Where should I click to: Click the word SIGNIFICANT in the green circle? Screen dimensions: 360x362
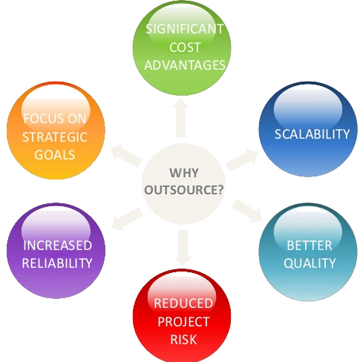(185, 29)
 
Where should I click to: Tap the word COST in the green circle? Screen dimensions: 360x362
(185, 47)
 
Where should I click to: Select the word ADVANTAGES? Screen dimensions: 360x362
(185, 65)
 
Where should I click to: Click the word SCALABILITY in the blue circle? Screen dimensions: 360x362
(312, 134)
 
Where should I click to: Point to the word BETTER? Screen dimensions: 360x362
(310, 246)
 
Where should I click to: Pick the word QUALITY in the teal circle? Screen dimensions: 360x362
(310, 263)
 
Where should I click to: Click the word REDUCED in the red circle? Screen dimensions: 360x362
(183, 303)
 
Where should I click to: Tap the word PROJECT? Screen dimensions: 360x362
(183, 321)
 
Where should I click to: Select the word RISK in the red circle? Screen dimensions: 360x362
(183, 339)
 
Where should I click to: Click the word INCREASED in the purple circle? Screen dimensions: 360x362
(57, 246)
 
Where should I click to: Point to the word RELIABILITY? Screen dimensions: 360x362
(57, 263)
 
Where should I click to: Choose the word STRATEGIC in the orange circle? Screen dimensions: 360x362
(55, 137)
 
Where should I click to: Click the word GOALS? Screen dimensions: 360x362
(55, 155)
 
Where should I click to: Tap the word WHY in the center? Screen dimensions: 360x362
(184, 173)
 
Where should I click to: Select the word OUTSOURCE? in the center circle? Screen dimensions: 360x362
(184, 190)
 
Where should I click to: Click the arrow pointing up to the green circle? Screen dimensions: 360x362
(181, 118)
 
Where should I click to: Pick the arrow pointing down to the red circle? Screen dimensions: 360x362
(183, 247)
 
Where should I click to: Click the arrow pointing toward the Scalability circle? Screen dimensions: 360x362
(242, 159)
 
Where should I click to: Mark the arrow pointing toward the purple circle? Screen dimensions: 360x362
(127, 219)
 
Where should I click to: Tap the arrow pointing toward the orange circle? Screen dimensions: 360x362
(126, 156)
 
